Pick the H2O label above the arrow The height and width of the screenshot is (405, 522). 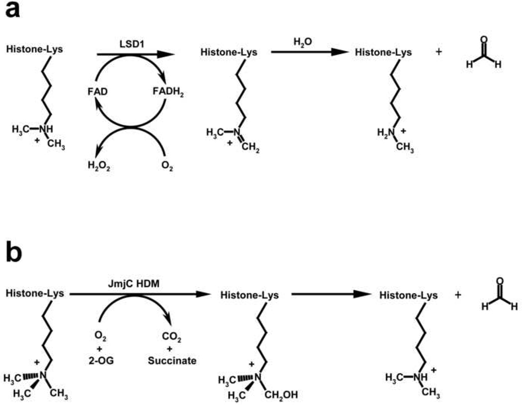[299, 44]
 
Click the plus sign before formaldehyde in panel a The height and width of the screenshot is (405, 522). [438, 52]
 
